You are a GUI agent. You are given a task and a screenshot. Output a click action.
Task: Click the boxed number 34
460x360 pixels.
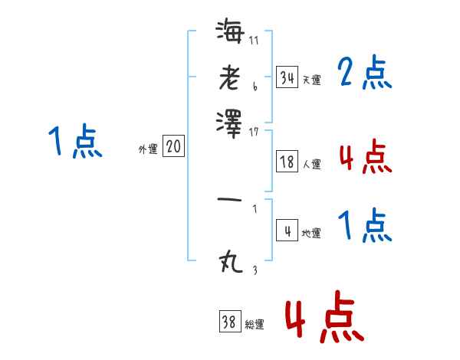(287, 77)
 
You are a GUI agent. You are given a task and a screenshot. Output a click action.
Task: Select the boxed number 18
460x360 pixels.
(287, 161)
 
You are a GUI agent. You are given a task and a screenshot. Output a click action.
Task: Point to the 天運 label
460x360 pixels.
(311, 80)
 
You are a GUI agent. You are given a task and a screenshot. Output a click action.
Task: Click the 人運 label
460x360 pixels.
(311, 163)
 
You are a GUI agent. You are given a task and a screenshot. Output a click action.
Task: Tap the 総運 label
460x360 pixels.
(255, 325)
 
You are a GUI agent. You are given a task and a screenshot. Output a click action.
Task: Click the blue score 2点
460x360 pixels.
(365, 74)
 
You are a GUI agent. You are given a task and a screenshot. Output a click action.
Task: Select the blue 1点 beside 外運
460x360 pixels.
(75, 142)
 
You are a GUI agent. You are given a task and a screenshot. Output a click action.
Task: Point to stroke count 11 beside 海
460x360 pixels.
(254, 40)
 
